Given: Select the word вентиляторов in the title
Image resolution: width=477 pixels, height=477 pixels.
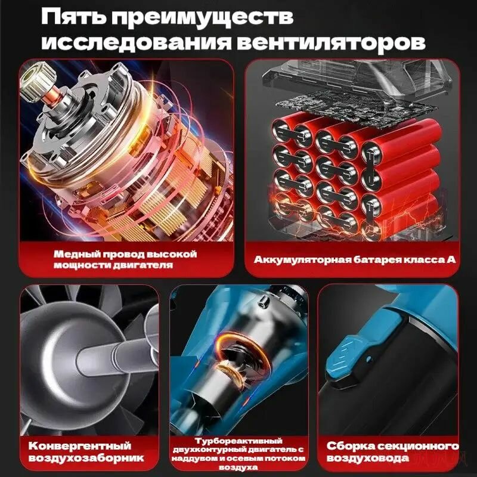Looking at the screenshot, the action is coord(331,43).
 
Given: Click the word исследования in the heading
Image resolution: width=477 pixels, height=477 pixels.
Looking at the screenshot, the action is coord(137,43).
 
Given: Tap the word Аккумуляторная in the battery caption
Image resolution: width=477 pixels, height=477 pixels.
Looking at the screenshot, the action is coord(301,260).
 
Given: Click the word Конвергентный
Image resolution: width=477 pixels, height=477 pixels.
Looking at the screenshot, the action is coord(80,445).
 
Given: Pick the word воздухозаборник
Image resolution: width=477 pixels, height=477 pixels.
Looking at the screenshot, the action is coord(86,458).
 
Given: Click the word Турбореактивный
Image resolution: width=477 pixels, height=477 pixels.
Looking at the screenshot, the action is coord(238,441).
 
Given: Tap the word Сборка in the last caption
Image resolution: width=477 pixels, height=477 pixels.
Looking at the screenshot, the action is coord(349,445).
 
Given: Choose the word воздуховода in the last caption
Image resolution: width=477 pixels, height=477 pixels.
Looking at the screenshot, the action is coord(367,458).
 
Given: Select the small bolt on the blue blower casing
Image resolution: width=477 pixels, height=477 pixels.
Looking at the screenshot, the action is coord(265,301).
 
